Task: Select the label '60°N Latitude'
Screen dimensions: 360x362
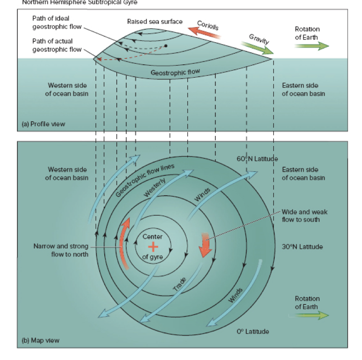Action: pyautogui.click(x=257, y=159)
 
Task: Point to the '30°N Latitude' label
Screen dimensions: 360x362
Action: pyautogui.click(x=302, y=247)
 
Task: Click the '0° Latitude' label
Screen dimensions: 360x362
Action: pyautogui.click(x=253, y=331)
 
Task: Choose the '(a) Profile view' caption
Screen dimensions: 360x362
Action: pyautogui.click(x=44, y=124)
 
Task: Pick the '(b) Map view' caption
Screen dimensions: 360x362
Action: pyautogui.click(x=40, y=340)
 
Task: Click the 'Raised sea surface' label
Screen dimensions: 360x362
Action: pyautogui.click(x=155, y=22)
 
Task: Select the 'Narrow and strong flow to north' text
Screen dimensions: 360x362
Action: pyautogui.click(x=61, y=250)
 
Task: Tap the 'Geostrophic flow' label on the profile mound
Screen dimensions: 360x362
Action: pyautogui.click(x=172, y=72)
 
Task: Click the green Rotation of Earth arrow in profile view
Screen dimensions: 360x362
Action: pyautogui.click(x=311, y=46)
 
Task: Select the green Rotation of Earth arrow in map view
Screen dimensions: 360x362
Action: pyautogui.click(x=311, y=315)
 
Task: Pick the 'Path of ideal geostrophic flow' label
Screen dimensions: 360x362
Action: pyautogui.click(x=57, y=22)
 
